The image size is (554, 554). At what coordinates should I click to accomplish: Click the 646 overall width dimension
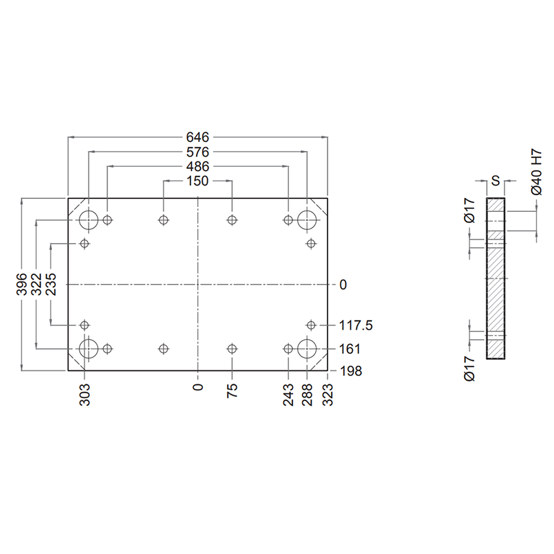click(197, 136)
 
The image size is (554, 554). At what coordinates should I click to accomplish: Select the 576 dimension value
click(197, 152)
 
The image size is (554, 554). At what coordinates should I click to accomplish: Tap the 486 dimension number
click(197, 166)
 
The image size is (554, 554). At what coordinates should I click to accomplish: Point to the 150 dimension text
click(197, 181)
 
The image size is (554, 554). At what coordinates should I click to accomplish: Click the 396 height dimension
click(21, 284)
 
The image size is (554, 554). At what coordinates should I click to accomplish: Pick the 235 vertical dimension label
click(51, 284)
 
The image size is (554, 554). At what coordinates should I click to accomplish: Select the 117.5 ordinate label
click(356, 325)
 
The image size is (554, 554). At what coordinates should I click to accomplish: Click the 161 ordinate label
click(350, 349)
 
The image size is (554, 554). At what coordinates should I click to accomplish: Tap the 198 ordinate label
click(351, 371)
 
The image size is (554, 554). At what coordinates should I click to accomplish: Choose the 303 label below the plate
click(84, 395)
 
